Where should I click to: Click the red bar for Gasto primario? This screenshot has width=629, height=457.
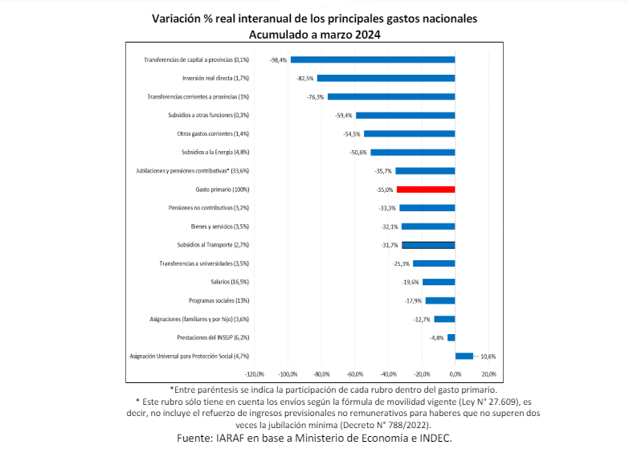tap(426, 190)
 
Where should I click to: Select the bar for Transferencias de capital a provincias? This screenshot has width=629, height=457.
tap(373, 59)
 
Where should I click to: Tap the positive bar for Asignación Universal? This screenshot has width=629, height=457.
tap(464, 356)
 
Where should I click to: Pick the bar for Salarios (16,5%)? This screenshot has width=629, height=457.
tap(439, 282)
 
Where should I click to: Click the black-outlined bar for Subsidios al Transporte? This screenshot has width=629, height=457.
tap(428, 245)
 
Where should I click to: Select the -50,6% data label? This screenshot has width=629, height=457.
tap(358, 152)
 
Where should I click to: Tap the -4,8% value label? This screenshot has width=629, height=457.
tap(437, 337)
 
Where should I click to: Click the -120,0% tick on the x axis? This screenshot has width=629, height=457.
tap(254, 374)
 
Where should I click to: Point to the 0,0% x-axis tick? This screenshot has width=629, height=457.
tap(455, 374)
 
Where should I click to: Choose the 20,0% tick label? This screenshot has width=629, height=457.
tap(488, 374)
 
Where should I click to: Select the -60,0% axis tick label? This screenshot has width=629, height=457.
tap(354, 374)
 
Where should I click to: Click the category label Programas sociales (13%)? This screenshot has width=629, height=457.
tap(219, 300)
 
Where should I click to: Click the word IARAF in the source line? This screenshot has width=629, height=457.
tap(232, 439)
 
